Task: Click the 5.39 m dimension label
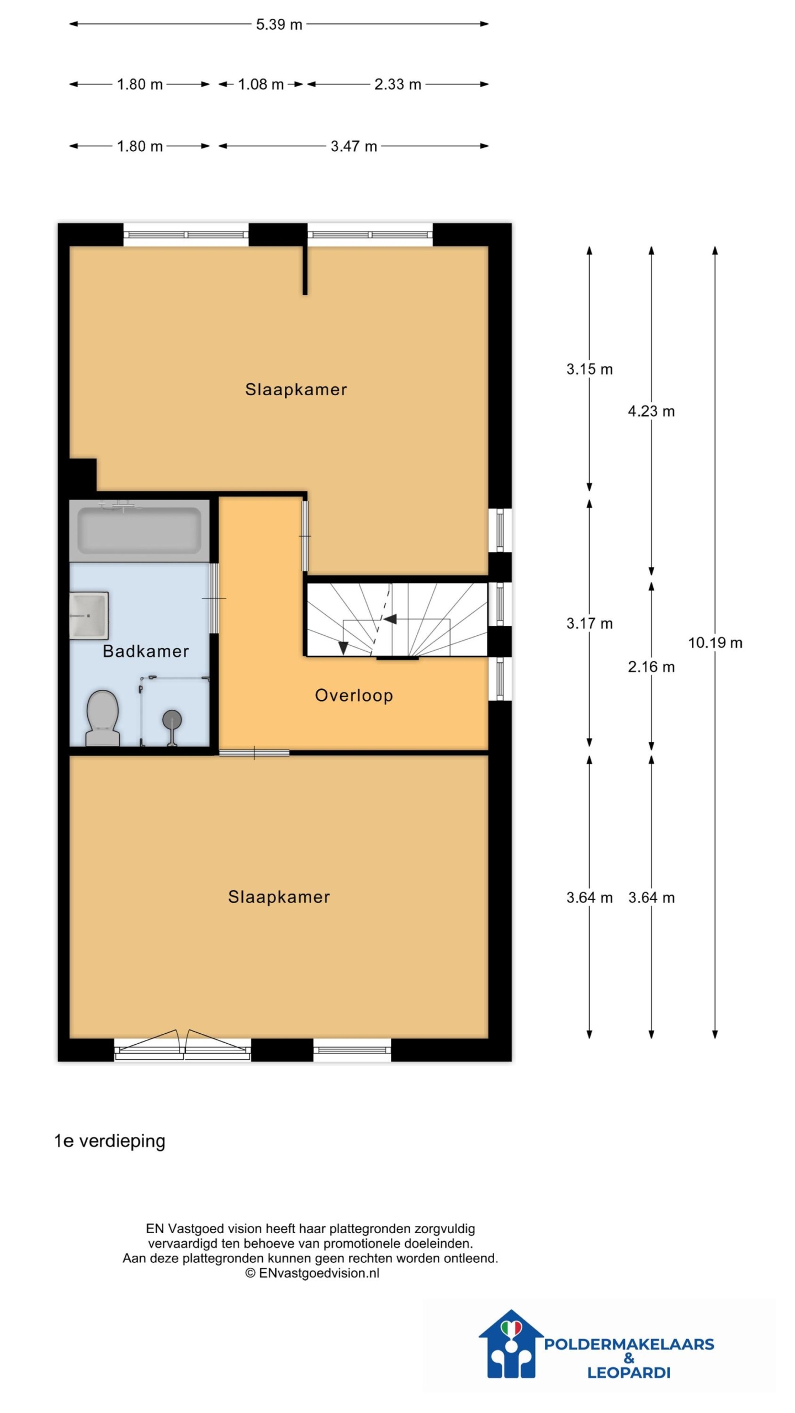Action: [279, 25]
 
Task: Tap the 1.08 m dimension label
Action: [261, 84]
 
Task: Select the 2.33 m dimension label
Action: [397, 84]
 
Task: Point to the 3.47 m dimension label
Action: [354, 146]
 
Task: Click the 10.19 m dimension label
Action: [715, 642]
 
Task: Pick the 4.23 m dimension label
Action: [651, 411]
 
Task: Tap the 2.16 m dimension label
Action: [651, 667]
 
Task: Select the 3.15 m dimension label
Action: [589, 369]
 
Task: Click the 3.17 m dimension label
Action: [589, 624]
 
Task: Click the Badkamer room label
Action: [146, 651]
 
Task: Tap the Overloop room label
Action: [354, 695]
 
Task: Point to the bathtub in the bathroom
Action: [139, 530]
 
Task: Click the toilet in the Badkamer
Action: [103, 718]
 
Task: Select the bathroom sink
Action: [88, 615]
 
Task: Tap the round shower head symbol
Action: [172, 720]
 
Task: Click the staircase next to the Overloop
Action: [397, 618]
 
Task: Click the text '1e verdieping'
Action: [110, 1141]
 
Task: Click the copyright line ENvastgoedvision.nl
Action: [312, 1273]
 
